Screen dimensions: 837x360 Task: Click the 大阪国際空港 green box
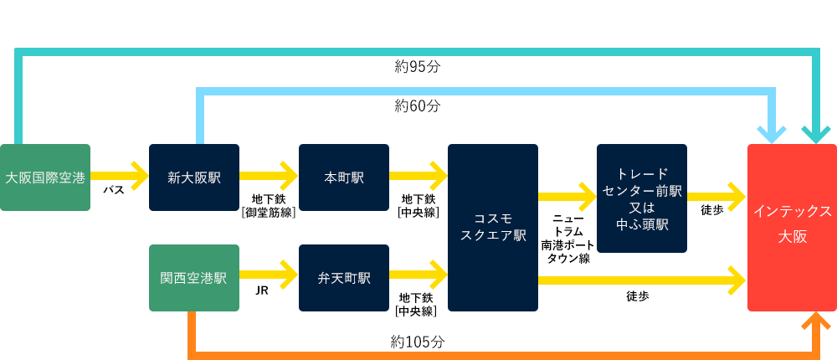tap(45, 177)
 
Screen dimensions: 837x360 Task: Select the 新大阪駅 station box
tap(194, 177)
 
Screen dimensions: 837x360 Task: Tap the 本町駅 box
tap(344, 177)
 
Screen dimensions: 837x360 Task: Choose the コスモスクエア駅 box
tap(493, 228)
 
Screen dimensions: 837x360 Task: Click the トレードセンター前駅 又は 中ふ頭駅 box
tap(642, 198)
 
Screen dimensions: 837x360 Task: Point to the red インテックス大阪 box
tap(792, 228)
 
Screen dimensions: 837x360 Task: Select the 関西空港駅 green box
tap(194, 278)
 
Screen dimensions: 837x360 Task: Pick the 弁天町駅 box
tap(344, 278)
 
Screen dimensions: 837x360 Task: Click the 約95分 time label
tap(418, 66)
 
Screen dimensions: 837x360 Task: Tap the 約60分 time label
tap(418, 105)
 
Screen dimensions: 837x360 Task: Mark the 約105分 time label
tap(418, 342)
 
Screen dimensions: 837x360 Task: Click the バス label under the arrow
tap(115, 190)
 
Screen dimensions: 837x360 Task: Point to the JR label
tap(261, 291)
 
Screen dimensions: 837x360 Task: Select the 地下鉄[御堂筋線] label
tap(269, 206)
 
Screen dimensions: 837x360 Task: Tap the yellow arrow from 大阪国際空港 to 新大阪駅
tap(119, 175)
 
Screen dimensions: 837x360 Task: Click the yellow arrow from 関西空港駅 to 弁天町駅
tap(268, 275)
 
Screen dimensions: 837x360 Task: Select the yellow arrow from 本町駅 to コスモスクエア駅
tap(418, 175)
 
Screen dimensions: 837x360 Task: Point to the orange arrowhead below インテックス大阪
tap(816, 321)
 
